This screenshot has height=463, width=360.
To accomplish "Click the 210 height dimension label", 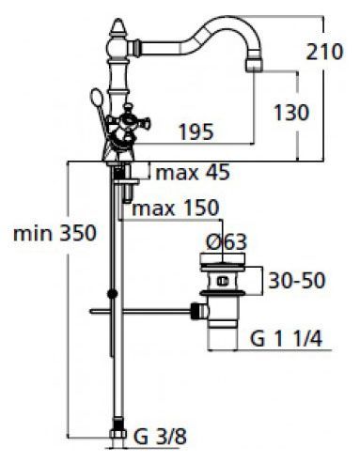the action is (324, 52).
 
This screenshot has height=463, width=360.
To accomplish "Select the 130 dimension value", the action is (291, 113).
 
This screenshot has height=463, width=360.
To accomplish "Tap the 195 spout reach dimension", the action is (196, 131).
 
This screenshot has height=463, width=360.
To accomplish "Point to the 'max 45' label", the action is (193, 173).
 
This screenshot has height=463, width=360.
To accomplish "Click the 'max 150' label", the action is (176, 208).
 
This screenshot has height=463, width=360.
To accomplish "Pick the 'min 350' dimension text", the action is (55, 233).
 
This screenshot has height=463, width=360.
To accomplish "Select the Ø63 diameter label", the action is (227, 241).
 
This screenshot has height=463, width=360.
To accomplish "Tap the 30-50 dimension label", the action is (297, 281).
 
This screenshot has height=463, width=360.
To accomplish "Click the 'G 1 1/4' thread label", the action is (286, 338).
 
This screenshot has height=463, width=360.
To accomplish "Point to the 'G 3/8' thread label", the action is (160, 437).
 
